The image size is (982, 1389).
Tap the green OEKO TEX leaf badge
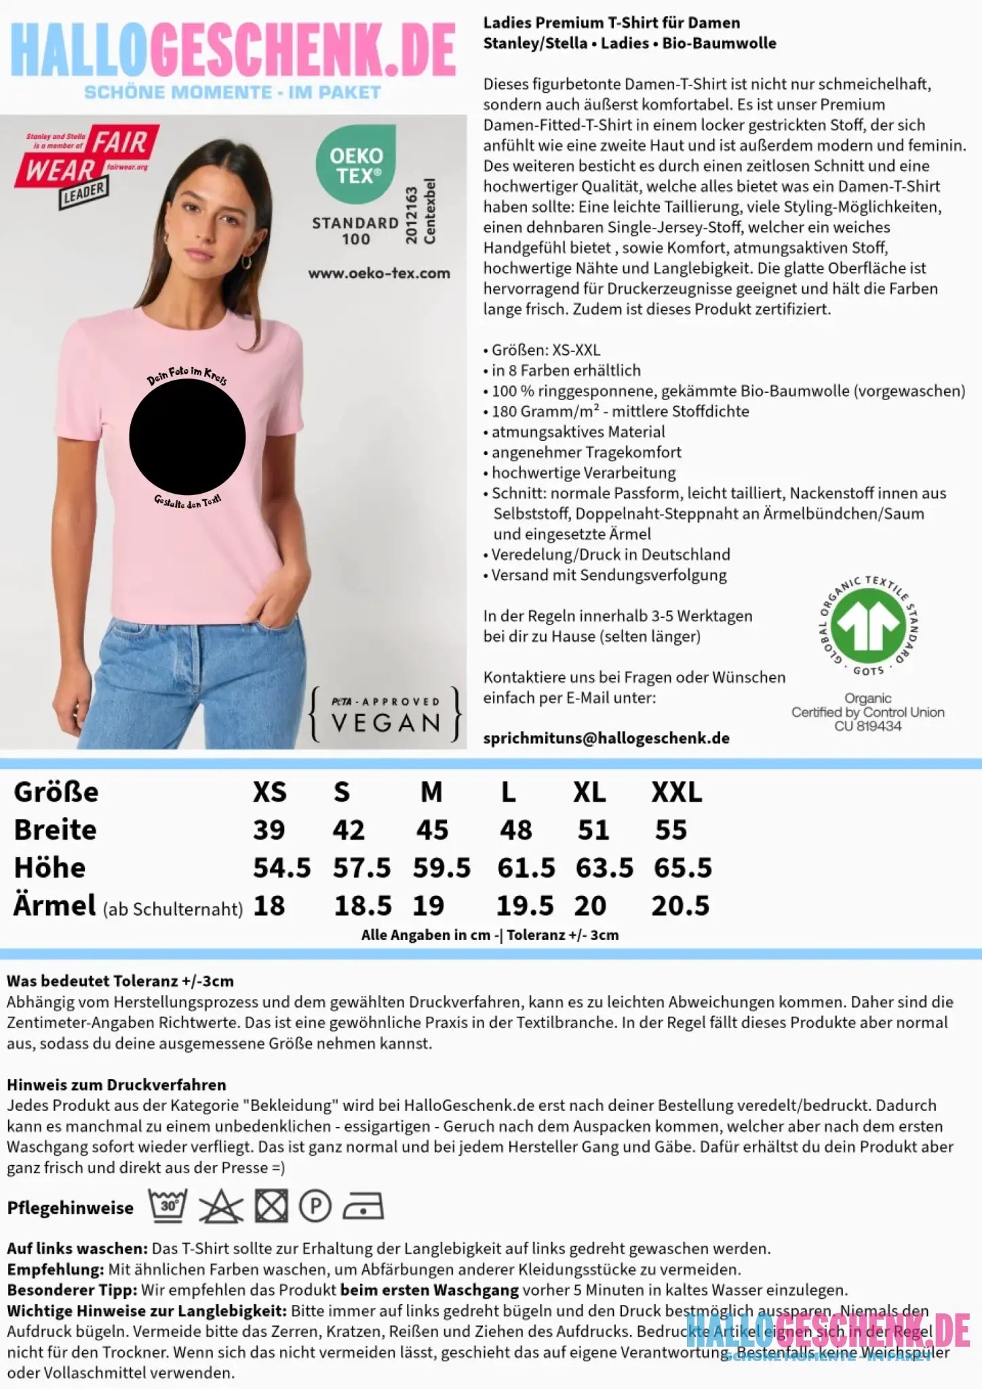pos(355,164)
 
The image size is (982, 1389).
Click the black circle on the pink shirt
pos(187,437)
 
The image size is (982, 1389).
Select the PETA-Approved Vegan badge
pos(385,714)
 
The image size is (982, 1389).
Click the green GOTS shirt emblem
pos(868,621)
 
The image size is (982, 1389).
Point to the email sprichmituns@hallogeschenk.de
pos(606,739)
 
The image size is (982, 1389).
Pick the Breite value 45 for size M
pos(432,830)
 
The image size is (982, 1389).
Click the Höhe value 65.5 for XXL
pos(682,868)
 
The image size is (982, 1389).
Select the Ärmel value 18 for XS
pos(269,906)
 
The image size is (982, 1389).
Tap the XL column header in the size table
pos(589,792)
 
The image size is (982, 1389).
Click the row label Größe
pos(56,792)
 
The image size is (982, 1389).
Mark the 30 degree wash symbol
pos(168,1207)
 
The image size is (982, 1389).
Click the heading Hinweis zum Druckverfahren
pos(116,1084)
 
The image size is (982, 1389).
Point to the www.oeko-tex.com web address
pos(379,273)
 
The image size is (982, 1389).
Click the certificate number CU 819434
pos(868,726)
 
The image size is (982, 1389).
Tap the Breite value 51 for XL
pos(593,830)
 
